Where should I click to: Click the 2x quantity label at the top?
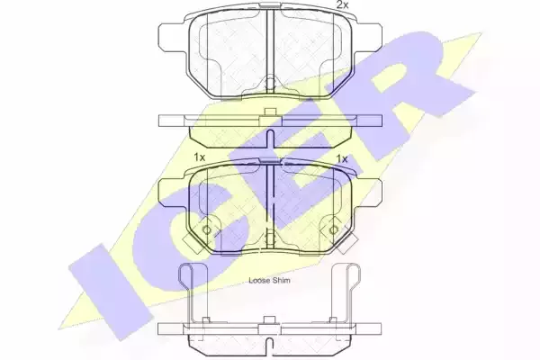click(342, 4)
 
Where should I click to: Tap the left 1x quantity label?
click(200, 157)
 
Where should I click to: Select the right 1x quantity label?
click(342, 158)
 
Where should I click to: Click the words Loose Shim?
click(269, 281)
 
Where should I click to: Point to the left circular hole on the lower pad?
click(207, 229)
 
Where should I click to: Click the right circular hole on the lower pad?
click(333, 229)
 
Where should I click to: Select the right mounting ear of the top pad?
click(368, 38)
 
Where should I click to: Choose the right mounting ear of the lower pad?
click(367, 193)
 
